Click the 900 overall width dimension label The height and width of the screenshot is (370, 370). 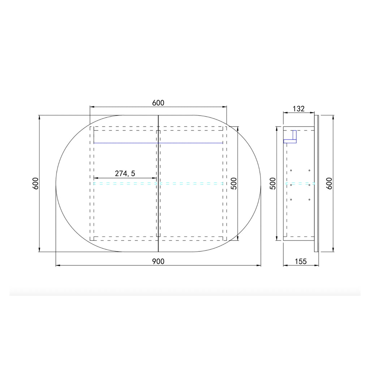point(158,262)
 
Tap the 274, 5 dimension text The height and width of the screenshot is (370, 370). point(125,174)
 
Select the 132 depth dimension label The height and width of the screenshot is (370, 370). point(299,109)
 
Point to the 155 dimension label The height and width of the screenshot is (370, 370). point(301,262)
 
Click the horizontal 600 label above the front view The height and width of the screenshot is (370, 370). point(158,103)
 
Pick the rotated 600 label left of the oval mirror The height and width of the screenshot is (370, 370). point(35,183)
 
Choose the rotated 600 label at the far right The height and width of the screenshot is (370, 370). point(329,183)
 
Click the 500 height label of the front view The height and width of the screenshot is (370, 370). point(234,183)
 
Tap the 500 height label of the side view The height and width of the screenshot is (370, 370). point(273,183)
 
